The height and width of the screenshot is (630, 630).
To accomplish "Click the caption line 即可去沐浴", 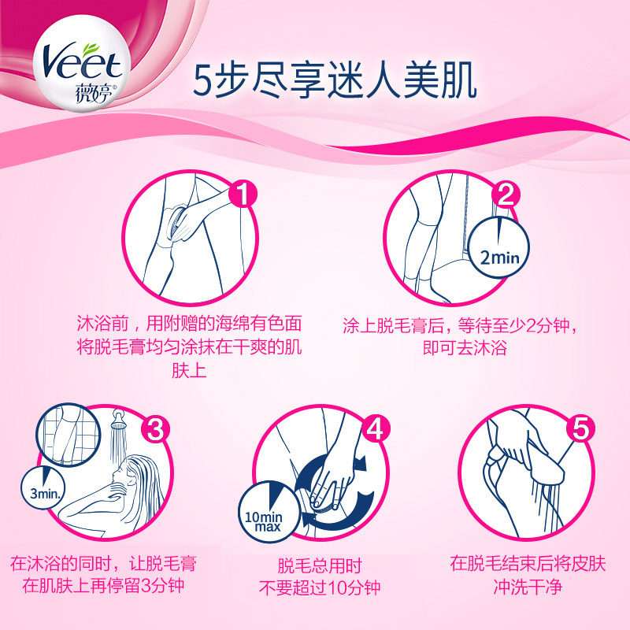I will [x=464, y=347].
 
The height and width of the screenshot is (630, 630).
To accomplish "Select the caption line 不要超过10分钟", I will [x=320, y=588].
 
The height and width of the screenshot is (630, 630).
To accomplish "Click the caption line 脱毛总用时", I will [x=320, y=565].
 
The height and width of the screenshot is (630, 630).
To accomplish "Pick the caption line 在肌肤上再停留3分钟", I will [x=102, y=588].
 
